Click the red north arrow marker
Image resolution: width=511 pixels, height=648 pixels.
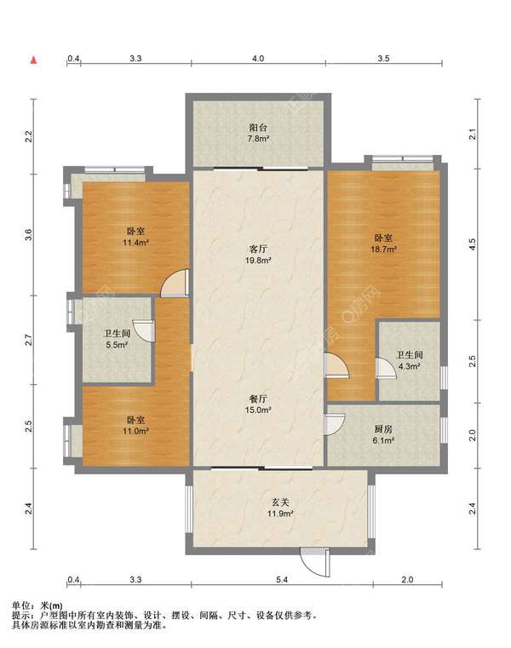pos(33,60)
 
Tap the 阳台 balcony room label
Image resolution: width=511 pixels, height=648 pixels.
pos(258,128)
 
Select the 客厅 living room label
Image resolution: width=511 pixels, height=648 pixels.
pos(258,249)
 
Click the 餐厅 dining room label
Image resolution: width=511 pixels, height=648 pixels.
pos(258,399)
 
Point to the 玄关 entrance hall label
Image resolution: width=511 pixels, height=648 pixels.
pos(280,503)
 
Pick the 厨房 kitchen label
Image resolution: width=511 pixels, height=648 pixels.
pos(383,429)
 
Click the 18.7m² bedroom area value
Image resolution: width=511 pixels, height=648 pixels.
pos(385,249)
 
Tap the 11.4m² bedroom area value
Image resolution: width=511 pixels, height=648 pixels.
pos(135,243)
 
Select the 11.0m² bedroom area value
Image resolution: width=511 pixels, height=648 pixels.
pos(135,431)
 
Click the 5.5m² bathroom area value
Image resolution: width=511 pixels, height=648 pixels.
pos(117,345)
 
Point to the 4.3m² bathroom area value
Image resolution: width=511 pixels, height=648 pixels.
pos(410,366)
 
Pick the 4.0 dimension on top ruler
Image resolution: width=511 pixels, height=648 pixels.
pos(258,59)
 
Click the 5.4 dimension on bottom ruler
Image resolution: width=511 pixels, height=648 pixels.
pos(282,580)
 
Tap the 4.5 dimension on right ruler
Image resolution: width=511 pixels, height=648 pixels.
pos(473,244)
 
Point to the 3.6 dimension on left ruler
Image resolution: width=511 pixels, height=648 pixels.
pos(28,235)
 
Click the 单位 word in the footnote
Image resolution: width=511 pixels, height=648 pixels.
pos(21,606)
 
